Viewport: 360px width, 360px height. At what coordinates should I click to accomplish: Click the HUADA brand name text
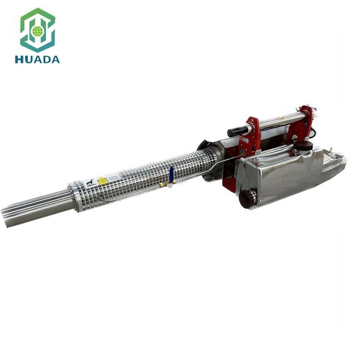37,59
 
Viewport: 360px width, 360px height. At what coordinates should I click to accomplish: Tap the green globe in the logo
37,31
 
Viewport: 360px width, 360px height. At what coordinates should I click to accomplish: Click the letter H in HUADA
19,59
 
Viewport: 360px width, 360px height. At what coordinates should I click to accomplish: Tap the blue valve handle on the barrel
171,174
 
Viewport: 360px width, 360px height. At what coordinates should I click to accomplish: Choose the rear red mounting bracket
306,121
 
